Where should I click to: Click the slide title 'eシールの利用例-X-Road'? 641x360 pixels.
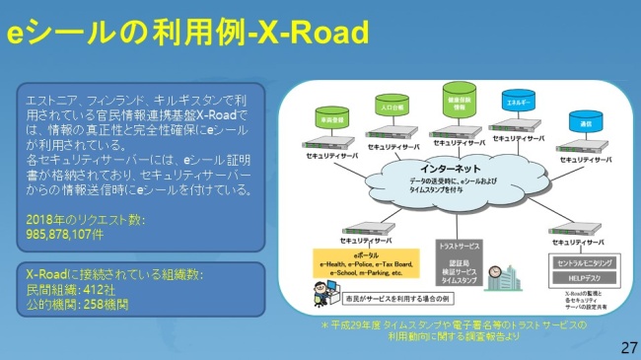click(x=188, y=33)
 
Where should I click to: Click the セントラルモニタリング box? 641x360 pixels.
click(x=581, y=264)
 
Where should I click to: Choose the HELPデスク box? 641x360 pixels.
click(x=581, y=279)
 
